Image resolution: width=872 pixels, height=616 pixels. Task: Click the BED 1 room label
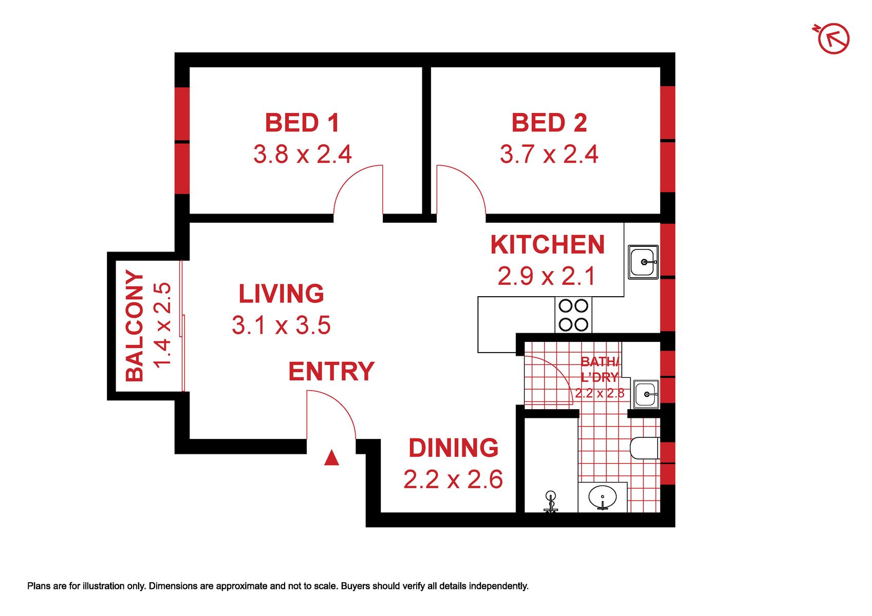[302, 123]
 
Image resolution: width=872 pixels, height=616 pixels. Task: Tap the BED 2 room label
[549, 123]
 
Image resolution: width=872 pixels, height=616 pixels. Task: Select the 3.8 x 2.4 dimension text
[303, 154]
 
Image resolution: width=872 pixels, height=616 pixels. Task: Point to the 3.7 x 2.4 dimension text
[549, 154]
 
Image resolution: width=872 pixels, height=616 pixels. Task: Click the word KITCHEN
[547, 245]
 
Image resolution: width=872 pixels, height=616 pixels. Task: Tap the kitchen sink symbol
[643, 262]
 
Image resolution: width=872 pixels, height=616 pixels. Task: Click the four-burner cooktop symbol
[573, 315]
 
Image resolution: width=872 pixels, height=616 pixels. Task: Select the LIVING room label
[281, 294]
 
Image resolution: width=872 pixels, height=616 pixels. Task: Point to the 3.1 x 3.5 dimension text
[281, 325]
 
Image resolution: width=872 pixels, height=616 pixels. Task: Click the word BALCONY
[135, 326]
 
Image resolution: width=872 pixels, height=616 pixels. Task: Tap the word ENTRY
[331, 371]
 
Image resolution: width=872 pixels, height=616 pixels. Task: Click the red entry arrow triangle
[331, 458]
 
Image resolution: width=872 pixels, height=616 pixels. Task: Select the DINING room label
[454, 448]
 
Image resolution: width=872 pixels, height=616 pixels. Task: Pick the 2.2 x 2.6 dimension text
[453, 479]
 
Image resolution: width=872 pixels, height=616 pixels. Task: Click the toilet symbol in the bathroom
[645, 448]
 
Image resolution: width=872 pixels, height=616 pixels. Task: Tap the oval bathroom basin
[603, 497]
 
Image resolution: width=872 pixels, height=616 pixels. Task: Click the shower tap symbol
[550, 502]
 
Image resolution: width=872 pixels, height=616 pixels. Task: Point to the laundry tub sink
[646, 394]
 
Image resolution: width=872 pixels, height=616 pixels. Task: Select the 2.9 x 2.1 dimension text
[547, 276]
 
